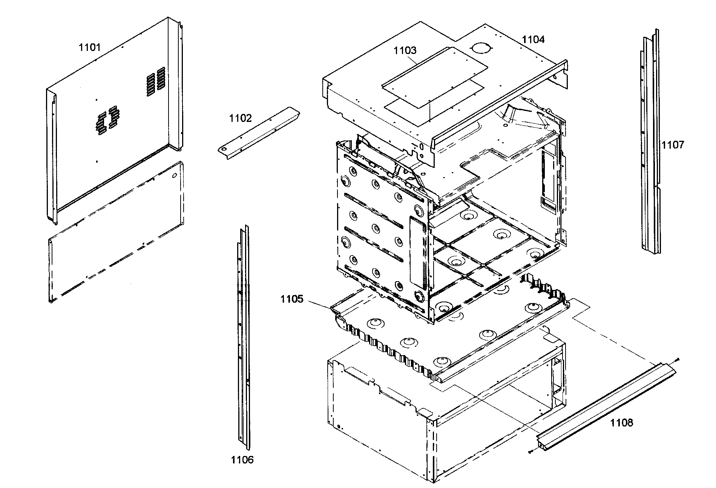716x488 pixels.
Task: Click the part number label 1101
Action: (89, 48)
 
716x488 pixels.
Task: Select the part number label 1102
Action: (240, 119)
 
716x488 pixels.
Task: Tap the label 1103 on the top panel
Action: (405, 51)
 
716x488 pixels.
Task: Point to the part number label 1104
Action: (533, 39)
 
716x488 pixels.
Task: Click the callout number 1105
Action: (291, 299)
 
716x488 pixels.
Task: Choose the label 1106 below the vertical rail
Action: (242, 460)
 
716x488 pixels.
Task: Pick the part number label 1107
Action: (673, 145)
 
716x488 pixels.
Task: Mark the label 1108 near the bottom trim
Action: (622, 423)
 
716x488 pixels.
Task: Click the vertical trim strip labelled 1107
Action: (651, 143)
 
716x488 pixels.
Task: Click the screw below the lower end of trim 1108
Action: (530, 451)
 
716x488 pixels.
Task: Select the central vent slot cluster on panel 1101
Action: (107, 121)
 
